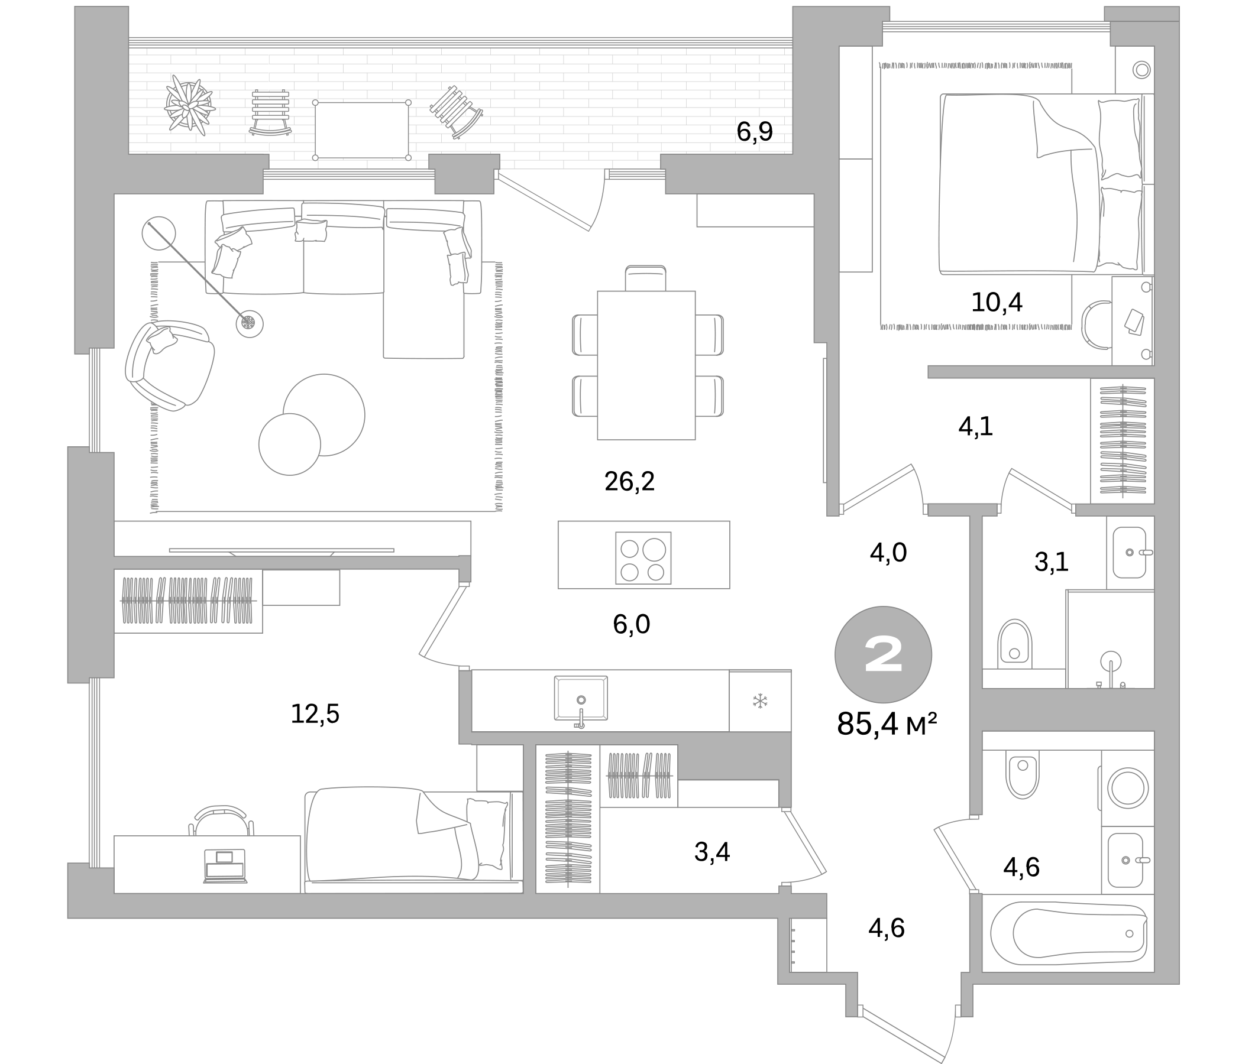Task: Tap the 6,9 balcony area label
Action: (755, 132)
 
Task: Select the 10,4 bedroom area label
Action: (997, 303)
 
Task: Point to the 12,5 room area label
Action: (315, 713)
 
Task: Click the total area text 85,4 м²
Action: (887, 724)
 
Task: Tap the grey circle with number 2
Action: (883, 655)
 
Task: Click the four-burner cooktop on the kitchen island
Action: (643, 558)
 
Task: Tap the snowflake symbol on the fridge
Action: (760, 701)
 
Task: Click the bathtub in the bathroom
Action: (1069, 933)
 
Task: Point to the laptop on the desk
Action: (225, 866)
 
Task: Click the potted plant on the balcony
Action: (189, 102)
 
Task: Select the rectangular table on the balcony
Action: (361, 130)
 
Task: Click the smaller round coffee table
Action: (290, 444)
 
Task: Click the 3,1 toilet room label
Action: (1052, 562)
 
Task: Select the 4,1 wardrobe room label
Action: (976, 426)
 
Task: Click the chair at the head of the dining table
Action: (646, 278)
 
